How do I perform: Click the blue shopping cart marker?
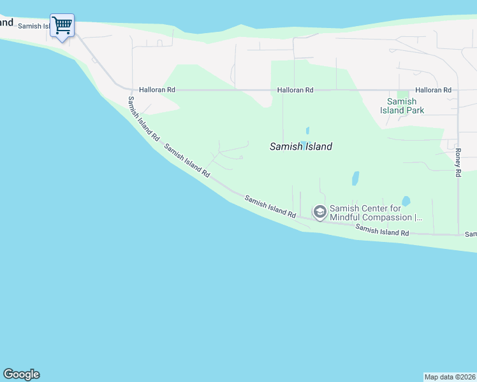tap(62, 26)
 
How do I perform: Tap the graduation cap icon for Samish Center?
tap(319, 211)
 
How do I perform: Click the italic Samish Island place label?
tap(300, 146)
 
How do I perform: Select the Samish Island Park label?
tap(402, 106)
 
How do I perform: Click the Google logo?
tap(21, 374)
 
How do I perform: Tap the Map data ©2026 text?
tap(450, 377)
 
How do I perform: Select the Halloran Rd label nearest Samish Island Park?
tap(433, 90)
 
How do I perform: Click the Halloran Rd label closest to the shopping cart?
tap(157, 90)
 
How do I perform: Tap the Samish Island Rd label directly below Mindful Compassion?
tap(382, 230)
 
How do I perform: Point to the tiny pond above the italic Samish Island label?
tap(307, 131)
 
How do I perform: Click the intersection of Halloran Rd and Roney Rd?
tap(457, 90)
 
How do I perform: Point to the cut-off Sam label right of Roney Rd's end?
tap(471, 234)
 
